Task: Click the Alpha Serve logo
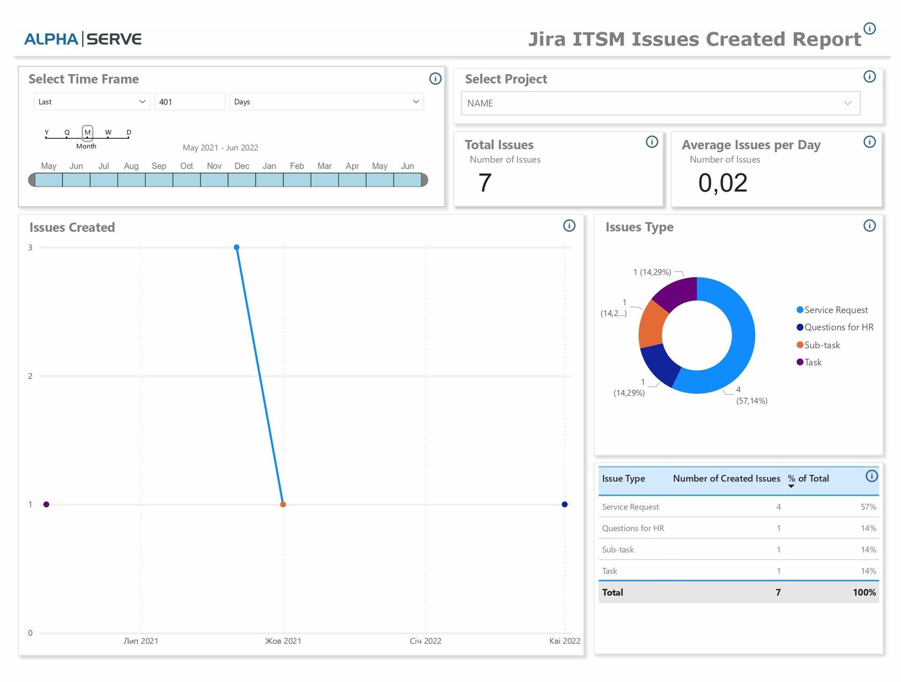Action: (83, 39)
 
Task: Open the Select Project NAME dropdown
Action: (660, 103)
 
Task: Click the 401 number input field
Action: (189, 102)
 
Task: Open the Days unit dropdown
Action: (326, 102)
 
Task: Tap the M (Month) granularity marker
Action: (87, 133)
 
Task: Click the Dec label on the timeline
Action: (242, 166)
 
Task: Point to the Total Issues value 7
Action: (485, 183)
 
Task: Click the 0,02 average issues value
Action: (722, 183)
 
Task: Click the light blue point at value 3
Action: (237, 247)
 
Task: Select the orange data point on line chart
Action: (283, 504)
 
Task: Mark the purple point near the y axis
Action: (46, 504)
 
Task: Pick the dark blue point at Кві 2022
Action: (564, 504)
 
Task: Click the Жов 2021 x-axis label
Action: (283, 641)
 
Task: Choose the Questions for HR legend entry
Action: (838, 327)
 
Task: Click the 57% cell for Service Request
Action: (868, 507)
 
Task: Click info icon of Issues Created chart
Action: (569, 226)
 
